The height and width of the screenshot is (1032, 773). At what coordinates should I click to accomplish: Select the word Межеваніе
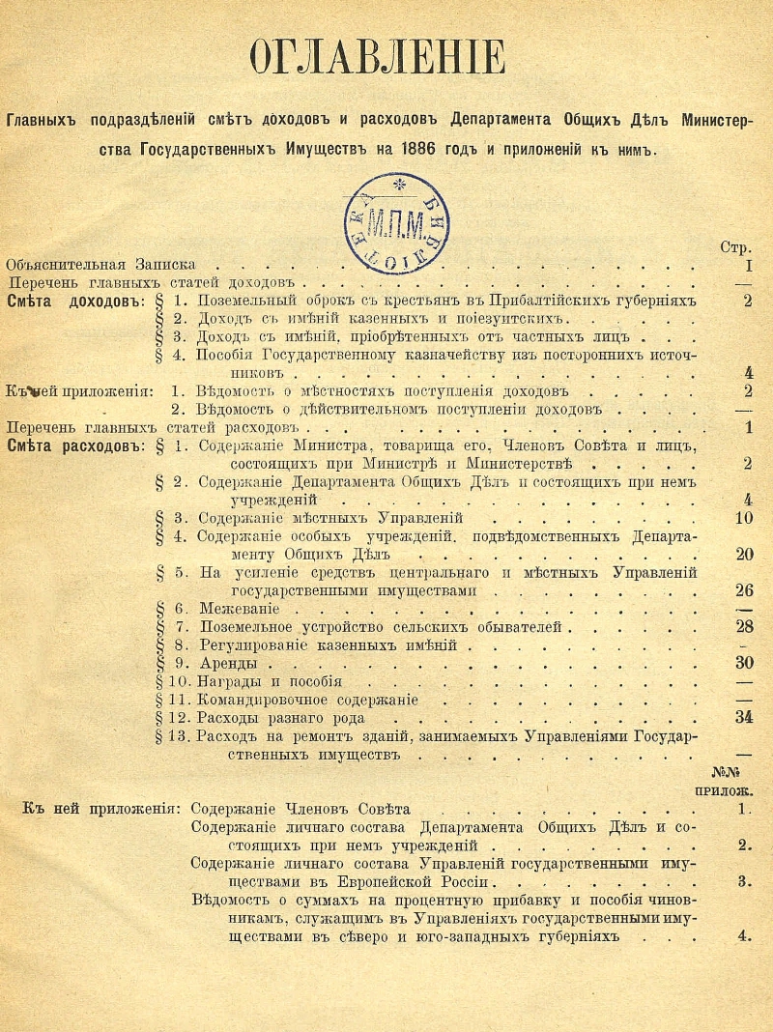239,610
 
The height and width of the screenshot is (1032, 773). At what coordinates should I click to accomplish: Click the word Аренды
228,665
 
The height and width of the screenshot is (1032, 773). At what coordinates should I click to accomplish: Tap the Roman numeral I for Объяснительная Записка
748,265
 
